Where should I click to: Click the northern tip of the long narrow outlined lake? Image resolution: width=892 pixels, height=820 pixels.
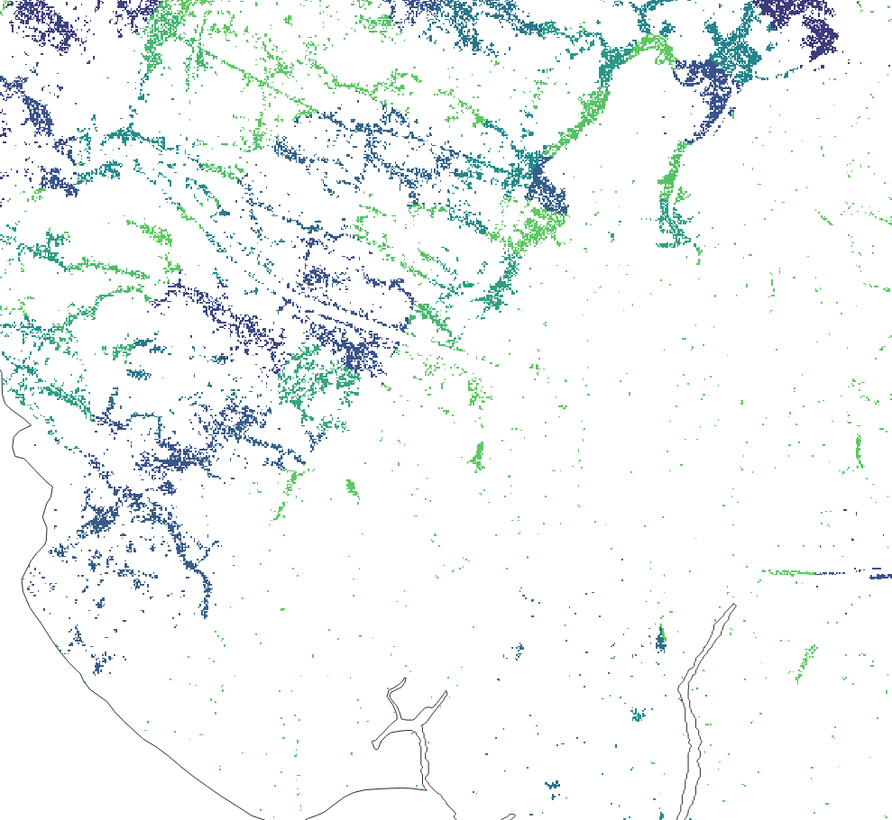(733, 606)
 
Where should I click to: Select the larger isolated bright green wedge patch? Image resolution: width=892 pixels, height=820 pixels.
(477, 455)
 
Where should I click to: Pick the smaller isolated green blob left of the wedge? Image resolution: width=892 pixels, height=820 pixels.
(351, 488)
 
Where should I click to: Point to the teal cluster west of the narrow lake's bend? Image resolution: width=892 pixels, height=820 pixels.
(638, 715)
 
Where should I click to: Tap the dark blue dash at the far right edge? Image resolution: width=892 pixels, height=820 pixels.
(879, 575)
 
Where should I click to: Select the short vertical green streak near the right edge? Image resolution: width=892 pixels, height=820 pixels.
(858, 451)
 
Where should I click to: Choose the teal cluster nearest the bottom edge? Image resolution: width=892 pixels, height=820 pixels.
(552, 788)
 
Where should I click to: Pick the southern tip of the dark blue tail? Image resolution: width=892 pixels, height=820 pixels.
(205, 613)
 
